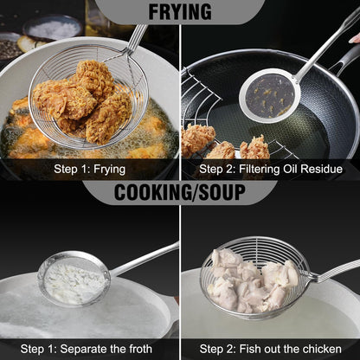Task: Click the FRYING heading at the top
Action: [180, 11]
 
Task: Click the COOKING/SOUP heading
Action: [180, 192]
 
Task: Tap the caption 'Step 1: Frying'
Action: [89, 169]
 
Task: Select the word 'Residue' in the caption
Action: [321, 169]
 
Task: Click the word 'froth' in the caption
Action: [138, 349]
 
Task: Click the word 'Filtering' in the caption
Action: [260, 169]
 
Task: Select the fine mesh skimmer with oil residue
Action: [269, 94]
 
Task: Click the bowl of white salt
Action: [53, 27]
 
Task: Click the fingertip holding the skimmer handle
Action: [354, 39]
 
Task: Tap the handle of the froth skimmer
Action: [144, 259]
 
